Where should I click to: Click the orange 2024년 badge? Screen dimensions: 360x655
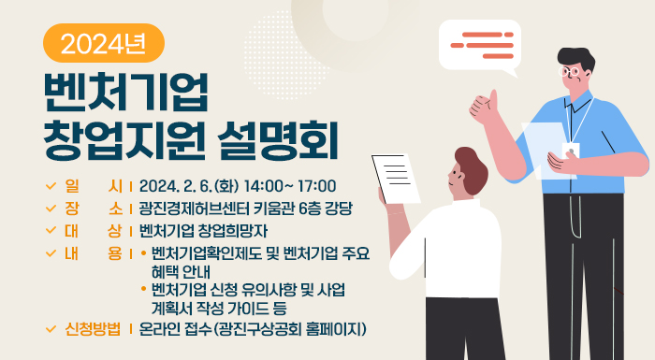click(x=103, y=42)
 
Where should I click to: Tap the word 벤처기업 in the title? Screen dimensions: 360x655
click(x=126, y=91)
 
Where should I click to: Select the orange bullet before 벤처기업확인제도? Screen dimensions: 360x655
click(x=143, y=253)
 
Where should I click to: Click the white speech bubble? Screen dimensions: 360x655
click(x=479, y=44)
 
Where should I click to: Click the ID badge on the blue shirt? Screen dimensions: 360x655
click(x=570, y=150)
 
